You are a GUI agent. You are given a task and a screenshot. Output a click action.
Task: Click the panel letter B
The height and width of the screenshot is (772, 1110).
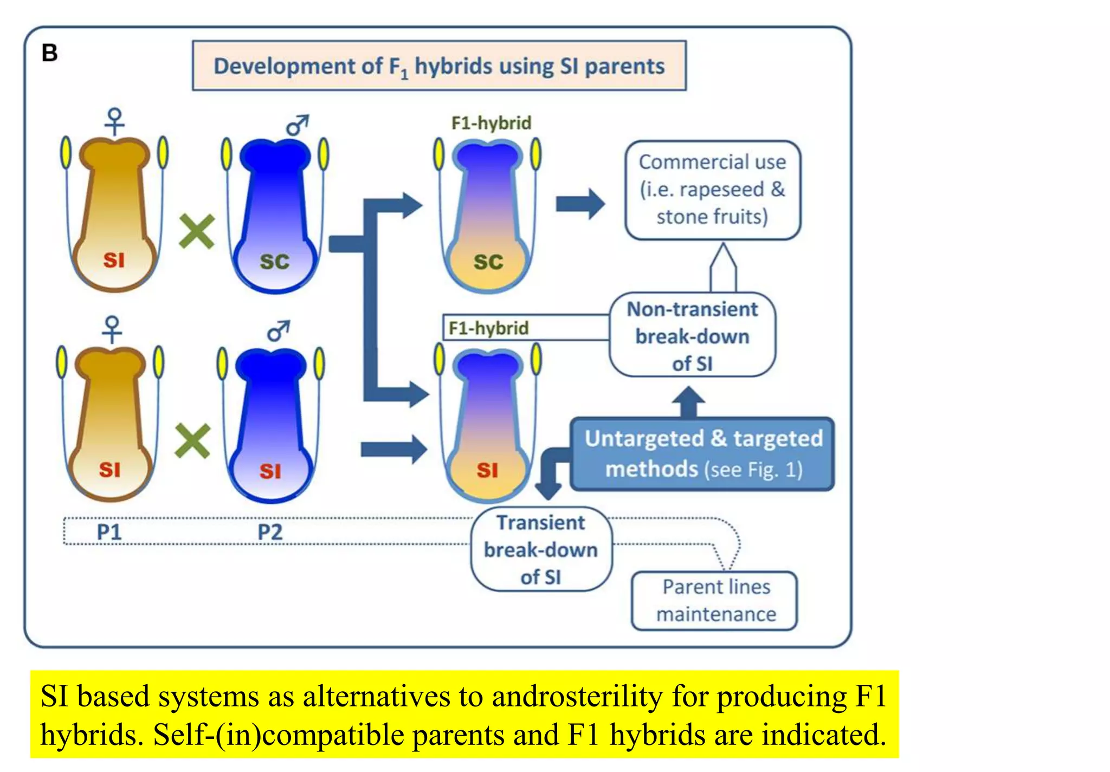point(49,53)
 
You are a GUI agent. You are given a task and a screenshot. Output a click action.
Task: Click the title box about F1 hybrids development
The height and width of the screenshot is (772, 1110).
point(439,66)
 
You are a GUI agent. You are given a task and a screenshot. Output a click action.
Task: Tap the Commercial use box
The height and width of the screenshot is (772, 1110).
point(712,190)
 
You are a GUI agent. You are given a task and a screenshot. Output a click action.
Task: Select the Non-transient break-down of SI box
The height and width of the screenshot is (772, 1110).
point(692,336)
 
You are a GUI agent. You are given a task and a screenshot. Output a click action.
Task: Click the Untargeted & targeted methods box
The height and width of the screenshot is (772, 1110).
point(702,454)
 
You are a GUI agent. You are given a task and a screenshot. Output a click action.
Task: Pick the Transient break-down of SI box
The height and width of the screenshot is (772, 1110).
point(541,549)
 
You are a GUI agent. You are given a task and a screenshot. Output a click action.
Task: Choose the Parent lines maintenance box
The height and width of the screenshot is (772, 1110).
point(714,600)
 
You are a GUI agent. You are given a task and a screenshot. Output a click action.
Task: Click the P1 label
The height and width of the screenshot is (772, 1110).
point(109,532)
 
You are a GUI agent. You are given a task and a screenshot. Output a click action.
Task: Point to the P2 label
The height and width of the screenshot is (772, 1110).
point(270,532)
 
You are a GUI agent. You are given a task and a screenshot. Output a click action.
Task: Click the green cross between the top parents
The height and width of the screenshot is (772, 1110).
point(196,231)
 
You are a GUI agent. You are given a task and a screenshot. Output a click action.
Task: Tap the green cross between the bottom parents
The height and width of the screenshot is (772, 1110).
point(192,441)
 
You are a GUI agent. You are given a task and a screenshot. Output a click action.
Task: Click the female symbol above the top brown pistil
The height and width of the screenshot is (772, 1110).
point(115,121)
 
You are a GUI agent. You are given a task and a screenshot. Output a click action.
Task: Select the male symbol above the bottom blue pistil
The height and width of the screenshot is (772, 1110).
point(279,330)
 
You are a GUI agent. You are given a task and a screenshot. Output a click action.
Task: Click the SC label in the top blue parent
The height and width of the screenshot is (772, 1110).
point(274,262)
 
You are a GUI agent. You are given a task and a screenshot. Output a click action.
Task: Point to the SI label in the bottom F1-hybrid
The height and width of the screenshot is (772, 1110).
point(487,470)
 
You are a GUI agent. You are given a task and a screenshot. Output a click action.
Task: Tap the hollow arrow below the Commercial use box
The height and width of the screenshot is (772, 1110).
point(723,267)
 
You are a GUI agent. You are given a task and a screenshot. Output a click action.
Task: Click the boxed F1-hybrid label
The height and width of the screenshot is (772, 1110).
point(488,328)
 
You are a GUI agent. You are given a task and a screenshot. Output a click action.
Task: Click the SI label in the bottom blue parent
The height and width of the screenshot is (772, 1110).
point(270,471)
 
